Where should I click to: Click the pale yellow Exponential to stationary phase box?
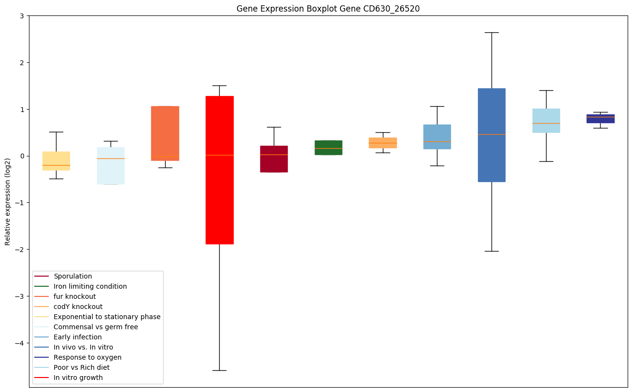[56, 161]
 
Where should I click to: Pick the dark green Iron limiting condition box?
[328, 148]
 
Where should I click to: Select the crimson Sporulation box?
[274, 159]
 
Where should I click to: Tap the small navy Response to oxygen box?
[600, 119]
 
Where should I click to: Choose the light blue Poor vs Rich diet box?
[546, 121]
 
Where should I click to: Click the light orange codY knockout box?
[383, 143]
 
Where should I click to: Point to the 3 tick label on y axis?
[22, 16]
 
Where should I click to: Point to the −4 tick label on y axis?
[20, 343]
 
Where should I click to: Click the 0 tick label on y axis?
[22, 156]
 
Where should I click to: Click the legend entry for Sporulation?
[73, 276]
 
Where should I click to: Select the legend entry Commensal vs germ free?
[96, 327]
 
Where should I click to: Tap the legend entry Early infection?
[78, 337]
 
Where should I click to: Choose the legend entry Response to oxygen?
[87, 357]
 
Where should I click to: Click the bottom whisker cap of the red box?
[220, 370]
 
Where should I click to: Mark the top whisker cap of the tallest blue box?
[492, 32]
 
